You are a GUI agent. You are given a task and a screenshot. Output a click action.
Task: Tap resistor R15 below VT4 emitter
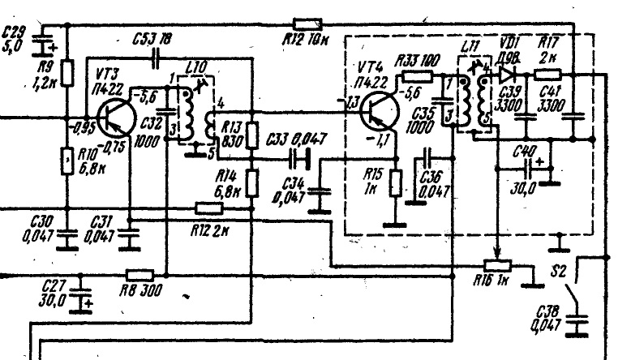point(394,183)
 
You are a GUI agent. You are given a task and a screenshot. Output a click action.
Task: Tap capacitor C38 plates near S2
point(577,324)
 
